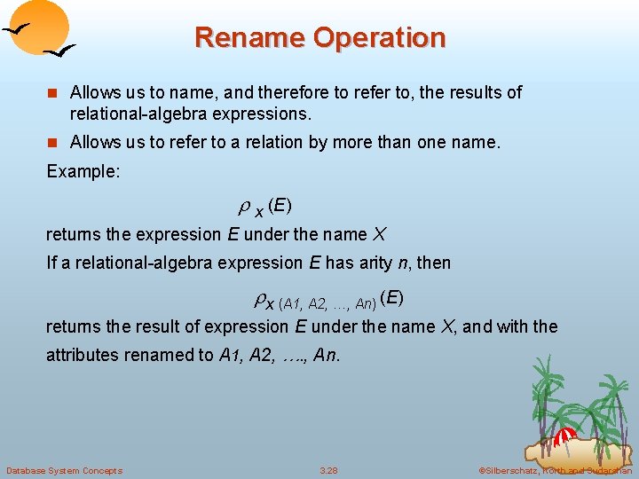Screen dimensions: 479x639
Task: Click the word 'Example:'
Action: click(x=83, y=170)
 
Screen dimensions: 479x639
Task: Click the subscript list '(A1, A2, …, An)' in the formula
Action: click(x=327, y=303)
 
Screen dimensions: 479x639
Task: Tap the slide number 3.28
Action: click(x=329, y=470)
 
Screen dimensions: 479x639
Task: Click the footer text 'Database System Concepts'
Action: click(x=64, y=470)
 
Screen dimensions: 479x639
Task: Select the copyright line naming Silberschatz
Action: click(x=555, y=470)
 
